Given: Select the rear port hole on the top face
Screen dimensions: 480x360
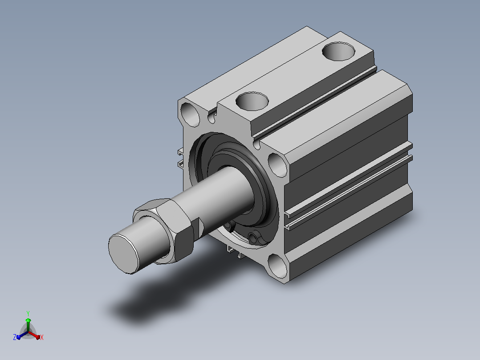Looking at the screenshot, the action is pos(338,52).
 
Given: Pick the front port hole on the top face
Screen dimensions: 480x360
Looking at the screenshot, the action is pos(252,101).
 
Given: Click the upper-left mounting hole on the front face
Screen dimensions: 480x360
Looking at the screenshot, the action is pos(190,115).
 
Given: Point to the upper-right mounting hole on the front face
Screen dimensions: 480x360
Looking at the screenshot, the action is pos(278,165).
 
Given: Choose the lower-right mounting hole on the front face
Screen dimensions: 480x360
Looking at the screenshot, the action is pos(278,266).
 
